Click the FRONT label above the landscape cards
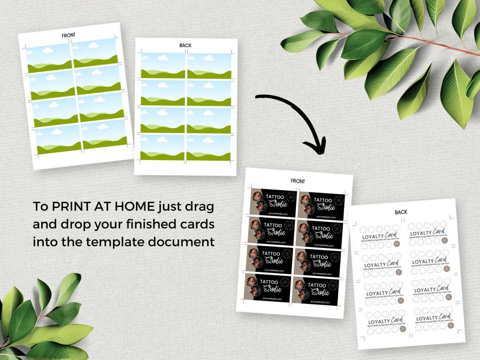click(68, 35)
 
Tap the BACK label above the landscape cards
click(185, 45)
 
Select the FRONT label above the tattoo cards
click(298, 181)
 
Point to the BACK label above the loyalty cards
click(401, 212)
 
